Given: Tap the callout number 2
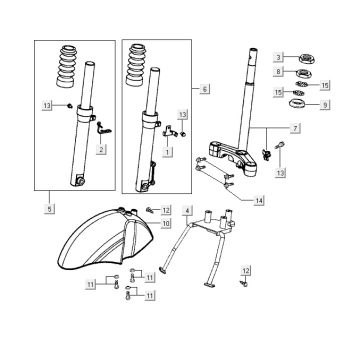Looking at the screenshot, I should coord(101,150).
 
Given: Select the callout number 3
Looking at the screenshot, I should coord(281,56).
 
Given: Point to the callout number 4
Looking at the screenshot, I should coord(187,210).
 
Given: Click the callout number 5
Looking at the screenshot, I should coord(49,209).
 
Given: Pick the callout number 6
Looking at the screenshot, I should coord(205,90).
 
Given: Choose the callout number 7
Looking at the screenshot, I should coord(295,129).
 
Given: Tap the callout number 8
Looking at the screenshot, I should coord(281,72).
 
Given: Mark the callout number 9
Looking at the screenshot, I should coord(323,103).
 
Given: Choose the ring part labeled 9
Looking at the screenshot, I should coord(298,105).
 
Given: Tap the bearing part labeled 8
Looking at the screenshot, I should coord(304,72).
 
